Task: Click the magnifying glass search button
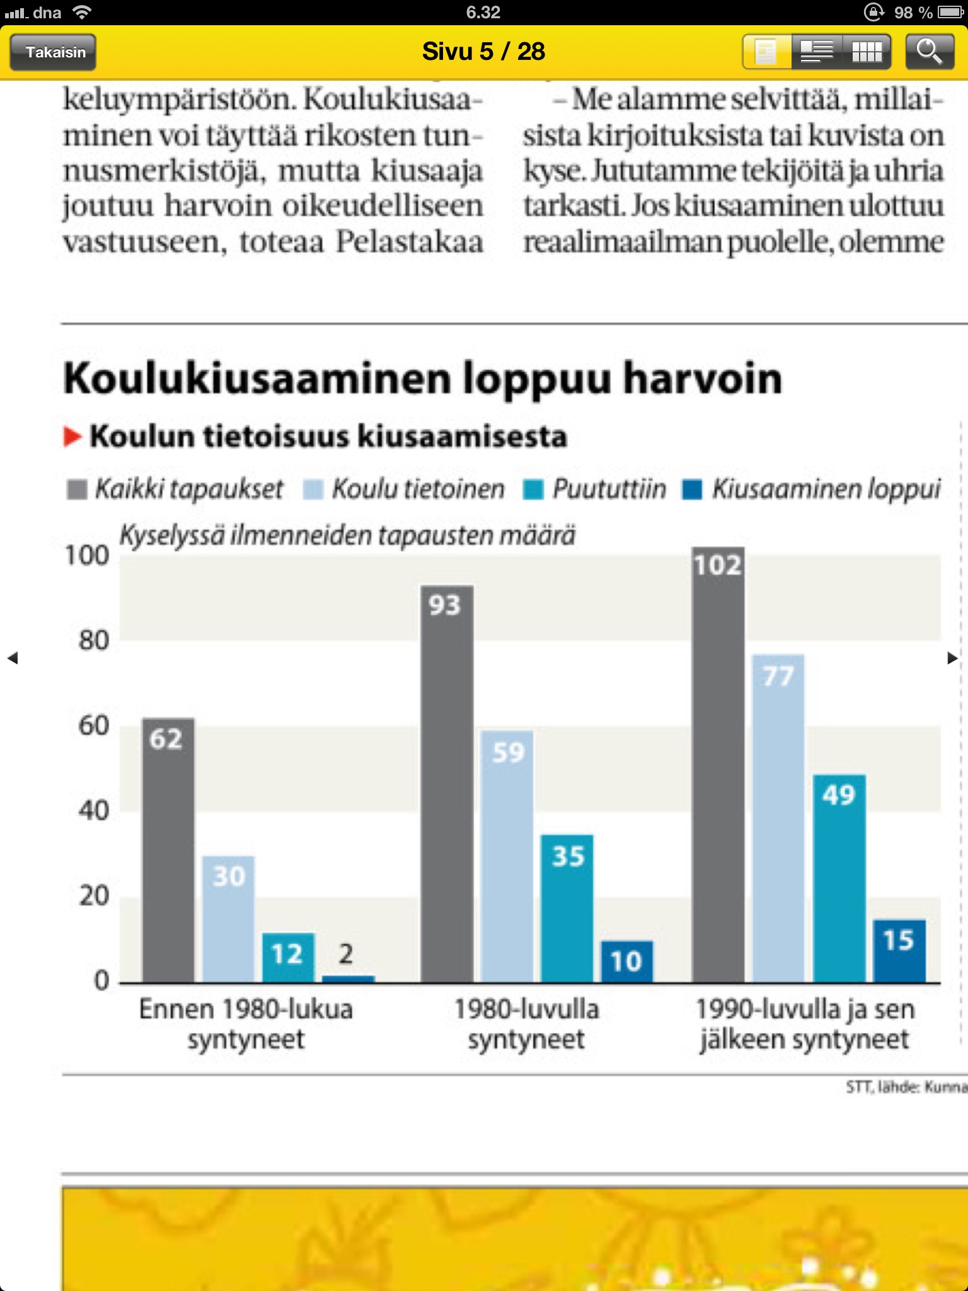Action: coord(929,52)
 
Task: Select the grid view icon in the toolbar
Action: coord(867,52)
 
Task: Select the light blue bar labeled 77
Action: coord(778,819)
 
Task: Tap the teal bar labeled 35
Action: coord(567,908)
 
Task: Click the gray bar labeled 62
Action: coord(168,851)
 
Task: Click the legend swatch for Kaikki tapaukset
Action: coord(77,489)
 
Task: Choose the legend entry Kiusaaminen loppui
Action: coord(826,489)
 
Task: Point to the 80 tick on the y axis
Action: coord(93,641)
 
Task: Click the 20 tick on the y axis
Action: coord(93,896)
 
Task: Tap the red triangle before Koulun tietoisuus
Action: coord(72,436)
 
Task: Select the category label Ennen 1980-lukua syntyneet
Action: coord(246,1024)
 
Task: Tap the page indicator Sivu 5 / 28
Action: coord(483,52)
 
